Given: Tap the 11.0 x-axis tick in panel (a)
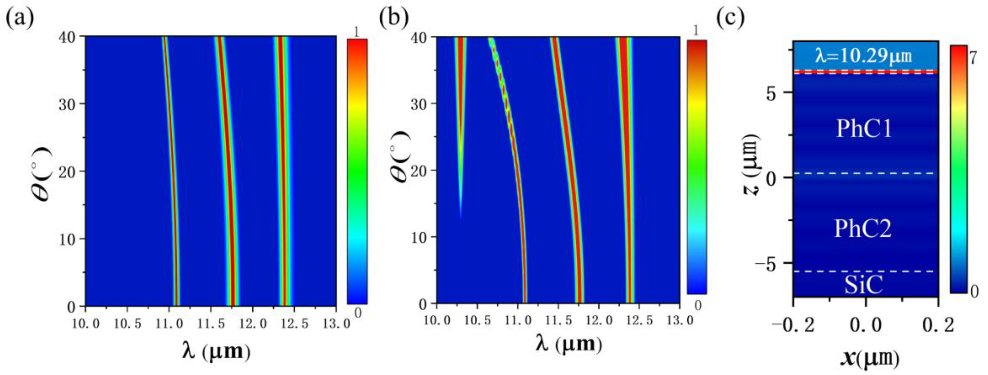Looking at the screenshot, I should click(x=169, y=324).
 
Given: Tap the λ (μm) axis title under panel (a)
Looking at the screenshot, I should click(x=217, y=351).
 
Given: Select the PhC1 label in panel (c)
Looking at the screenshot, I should click(x=864, y=129).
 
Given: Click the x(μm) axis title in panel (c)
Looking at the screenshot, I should click(x=869, y=359).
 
